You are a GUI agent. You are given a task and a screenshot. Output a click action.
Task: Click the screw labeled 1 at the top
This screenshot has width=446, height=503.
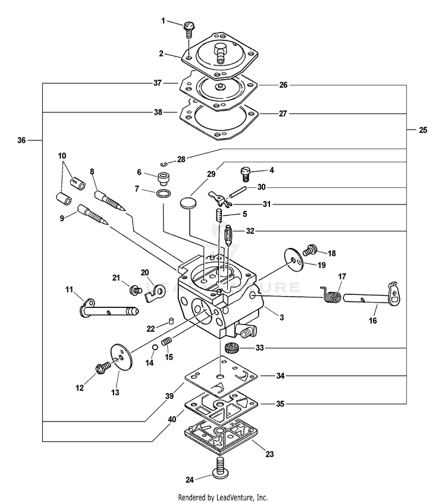(190, 27)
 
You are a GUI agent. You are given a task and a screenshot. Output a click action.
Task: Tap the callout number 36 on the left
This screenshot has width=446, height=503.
(21, 140)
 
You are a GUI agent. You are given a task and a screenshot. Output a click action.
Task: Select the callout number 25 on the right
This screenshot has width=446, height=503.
(423, 129)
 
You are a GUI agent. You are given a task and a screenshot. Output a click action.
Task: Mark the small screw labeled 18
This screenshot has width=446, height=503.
(309, 251)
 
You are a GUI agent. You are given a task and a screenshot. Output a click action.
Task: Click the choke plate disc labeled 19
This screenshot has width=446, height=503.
(293, 258)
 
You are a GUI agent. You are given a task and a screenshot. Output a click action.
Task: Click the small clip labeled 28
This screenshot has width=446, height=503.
(164, 165)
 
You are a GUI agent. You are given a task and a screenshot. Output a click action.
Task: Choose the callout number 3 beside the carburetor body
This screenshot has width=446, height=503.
(281, 317)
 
